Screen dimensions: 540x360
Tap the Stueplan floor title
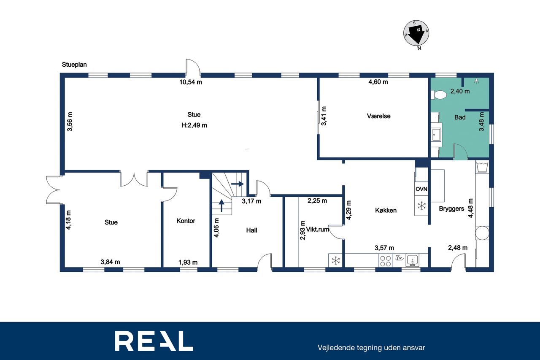[x=74, y=65]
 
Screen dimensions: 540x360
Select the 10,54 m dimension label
[x=190, y=82]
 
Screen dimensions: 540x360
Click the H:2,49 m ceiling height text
[x=194, y=125]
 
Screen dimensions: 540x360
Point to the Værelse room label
[x=378, y=116]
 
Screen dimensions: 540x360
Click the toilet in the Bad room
[x=438, y=95]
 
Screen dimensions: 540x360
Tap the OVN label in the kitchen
[x=421, y=189]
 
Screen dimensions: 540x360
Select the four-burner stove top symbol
[x=385, y=261]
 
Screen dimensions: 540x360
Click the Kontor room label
[x=186, y=221]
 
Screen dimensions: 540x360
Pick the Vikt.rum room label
[x=318, y=229]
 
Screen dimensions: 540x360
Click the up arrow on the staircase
[x=221, y=206]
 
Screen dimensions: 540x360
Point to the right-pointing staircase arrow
[x=238, y=184]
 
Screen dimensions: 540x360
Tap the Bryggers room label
[x=451, y=208]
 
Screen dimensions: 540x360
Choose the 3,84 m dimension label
[x=110, y=262]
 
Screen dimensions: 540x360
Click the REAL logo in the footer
[x=154, y=341]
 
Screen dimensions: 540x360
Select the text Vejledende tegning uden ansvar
[x=371, y=348]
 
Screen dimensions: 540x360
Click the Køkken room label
[x=386, y=210]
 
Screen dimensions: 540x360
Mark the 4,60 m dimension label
[x=378, y=82]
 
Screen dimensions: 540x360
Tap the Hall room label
[x=251, y=230]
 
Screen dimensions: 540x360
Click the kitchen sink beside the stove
[x=413, y=260]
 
